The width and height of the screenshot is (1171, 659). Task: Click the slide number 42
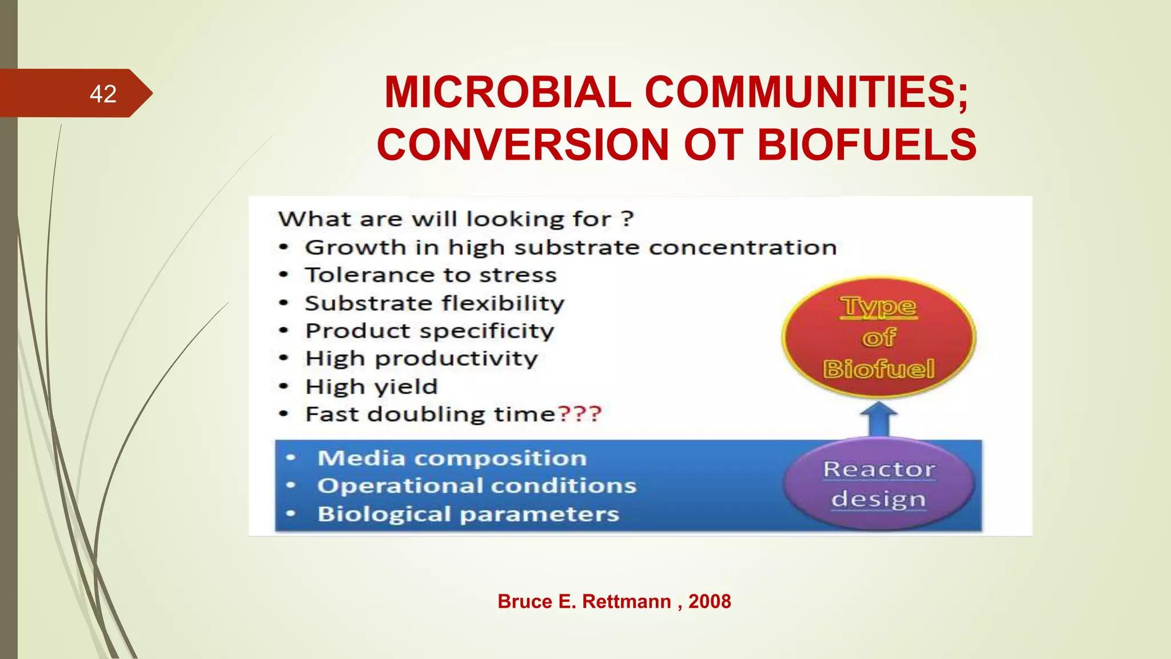click(x=103, y=94)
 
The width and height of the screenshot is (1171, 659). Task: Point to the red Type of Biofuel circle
click(x=879, y=338)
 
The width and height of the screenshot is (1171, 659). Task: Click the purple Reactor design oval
click(x=879, y=484)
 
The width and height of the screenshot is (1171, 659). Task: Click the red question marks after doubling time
click(x=579, y=414)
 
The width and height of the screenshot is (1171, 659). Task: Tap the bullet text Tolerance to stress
click(x=431, y=275)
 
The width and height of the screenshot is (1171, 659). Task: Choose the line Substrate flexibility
click(x=435, y=303)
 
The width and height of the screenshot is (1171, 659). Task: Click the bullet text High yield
click(x=372, y=387)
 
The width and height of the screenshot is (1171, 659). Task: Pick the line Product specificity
click(x=429, y=331)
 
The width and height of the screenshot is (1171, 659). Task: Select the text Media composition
click(x=452, y=458)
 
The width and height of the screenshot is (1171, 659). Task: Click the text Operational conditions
click(x=477, y=486)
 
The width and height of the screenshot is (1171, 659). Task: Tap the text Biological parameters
click(x=468, y=514)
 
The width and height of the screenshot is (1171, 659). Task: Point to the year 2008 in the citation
click(x=709, y=601)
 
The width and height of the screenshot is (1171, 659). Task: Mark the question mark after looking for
click(x=627, y=219)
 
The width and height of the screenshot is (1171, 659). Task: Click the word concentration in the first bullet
click(x=742, y=248)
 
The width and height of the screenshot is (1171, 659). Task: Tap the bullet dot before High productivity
click(x=284, y=359)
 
